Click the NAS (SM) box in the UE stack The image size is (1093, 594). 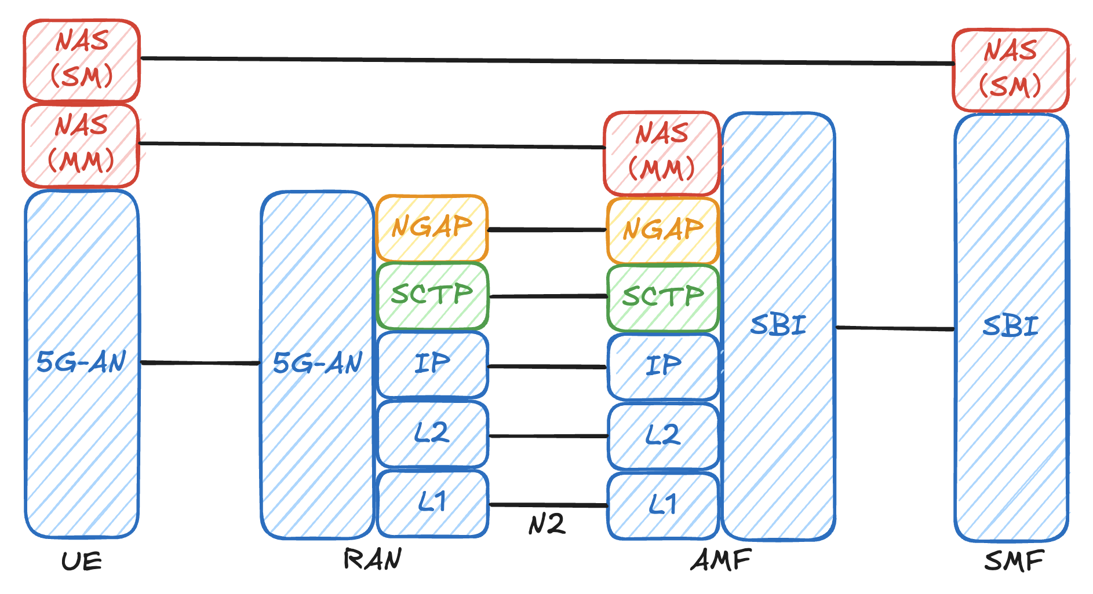pyautogui.click(x=82, y=60)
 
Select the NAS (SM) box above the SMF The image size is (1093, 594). pyautogui.click(x=1010, y=69)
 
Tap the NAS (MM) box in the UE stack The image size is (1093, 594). pyautogui.click(x=81, y=145)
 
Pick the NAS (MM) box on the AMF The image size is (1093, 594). pyautogui.click(x=662, y=153)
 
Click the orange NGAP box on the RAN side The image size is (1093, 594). pyautogui.click(x=432, y=228)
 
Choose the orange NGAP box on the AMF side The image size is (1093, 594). pyautogui.click(x=662, y=230)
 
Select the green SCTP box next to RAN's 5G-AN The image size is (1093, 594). pyautogui.click(x=432, y=295)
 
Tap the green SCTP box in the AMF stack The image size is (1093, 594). pyautogui.click(x=662, y=298)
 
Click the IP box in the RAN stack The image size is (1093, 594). pyautogui.click(x=432, y=364)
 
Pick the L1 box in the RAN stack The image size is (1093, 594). pyautogui.click(x=432, y=503)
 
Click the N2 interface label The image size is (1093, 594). pyautogui.click(x=546, y=525)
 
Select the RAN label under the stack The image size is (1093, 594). pyautogui.click(x=373, y=559)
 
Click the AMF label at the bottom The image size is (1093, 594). pyautogui.click(x=721, y=560)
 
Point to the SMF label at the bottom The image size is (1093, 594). pyautogui.click(x=1014, y=561)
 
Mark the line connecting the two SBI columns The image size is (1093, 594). pyautogui.click(x=895, y=328)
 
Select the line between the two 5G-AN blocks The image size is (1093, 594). pyautogui.click(x=200, y=363)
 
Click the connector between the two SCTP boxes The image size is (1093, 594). pyautogui.click(x=548, y=296)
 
